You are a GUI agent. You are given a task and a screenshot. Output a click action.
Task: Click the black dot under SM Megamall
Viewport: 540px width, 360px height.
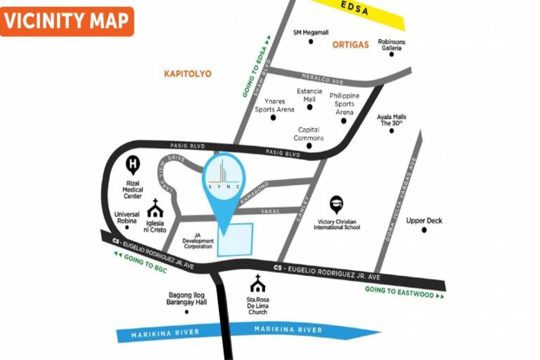(310, 42)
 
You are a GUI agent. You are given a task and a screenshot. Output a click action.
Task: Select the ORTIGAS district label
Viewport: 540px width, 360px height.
(351, 44)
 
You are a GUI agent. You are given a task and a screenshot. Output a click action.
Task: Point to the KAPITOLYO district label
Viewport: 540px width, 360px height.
(188, 73)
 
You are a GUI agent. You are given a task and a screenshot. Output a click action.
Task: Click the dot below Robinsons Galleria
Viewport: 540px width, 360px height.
(391, 54)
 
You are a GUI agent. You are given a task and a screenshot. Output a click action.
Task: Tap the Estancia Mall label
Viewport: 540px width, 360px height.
(309, 94)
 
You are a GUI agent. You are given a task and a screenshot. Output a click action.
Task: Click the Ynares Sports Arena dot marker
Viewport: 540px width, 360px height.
(273, 118)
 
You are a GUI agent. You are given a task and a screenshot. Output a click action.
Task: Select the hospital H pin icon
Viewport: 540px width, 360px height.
(133, 165)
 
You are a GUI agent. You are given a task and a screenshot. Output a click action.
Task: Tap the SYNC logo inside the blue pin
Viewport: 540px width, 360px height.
(224, 175)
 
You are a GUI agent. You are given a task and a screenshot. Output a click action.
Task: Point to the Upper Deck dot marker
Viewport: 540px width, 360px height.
(423, 230)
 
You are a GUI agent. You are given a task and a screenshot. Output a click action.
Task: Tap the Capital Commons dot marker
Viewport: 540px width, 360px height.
(309, 146)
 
